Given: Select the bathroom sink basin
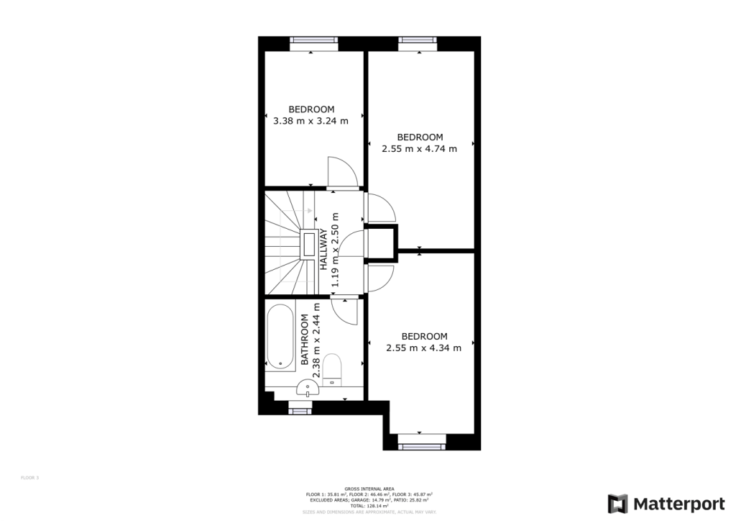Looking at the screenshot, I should tap(308, 389).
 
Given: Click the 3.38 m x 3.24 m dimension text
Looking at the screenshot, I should tap(310, 121).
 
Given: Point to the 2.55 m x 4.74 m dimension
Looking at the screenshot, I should tap(419, 148).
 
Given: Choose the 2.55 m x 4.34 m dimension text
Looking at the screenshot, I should tap(423, 348).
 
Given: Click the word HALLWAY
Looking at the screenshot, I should tap(324, 249).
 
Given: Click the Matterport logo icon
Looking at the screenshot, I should tap(617, 503).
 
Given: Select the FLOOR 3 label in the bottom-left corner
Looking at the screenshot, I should tap(29, 477).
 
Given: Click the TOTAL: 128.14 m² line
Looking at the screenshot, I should tap(368, 505).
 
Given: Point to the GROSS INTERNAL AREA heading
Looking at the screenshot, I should tap(368, 488).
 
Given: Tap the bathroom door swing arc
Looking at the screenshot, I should tap(344, 311).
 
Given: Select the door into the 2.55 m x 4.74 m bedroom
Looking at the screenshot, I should tap(379, 209).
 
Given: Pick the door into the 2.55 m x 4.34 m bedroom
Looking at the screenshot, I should tap(379, 278).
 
